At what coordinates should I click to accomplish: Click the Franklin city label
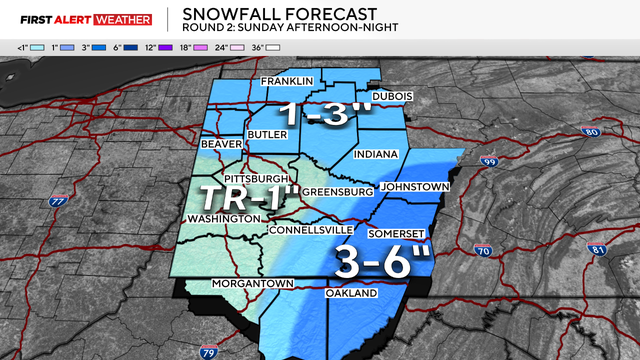(287, 81)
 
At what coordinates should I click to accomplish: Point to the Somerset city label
(397, 233)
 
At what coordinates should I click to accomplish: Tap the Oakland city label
(351, 294)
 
